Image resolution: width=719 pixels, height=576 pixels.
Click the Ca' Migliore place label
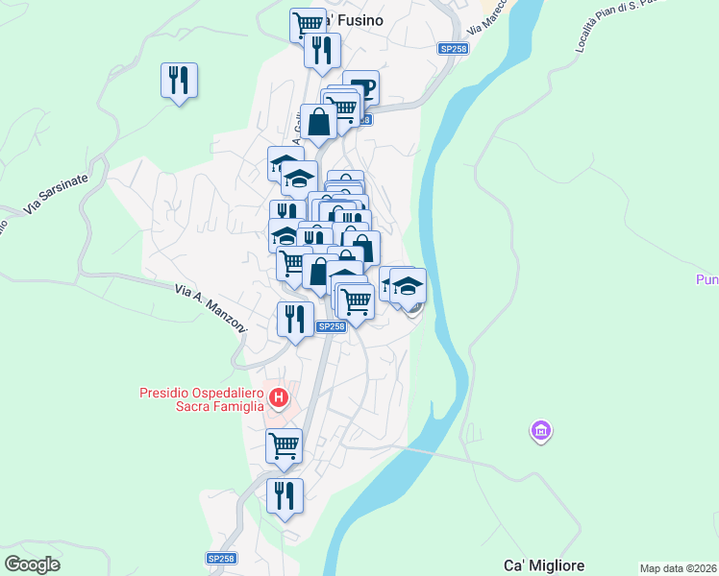(544, 565)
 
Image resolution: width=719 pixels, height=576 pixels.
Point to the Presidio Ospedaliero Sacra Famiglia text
(201, 399)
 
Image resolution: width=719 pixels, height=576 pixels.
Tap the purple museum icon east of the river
(541, 432)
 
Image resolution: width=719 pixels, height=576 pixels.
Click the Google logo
(32, 564)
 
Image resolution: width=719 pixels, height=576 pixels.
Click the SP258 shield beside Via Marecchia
(452, 48)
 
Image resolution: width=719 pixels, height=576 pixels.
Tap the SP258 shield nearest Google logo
(221, 558)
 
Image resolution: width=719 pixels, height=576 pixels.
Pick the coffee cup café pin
(361, 87)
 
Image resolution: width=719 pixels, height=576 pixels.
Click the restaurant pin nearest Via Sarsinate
(180, 80)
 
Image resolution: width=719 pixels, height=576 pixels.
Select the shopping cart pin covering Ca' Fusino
(308, 23)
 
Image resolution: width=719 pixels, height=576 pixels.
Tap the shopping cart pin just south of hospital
(285, 444)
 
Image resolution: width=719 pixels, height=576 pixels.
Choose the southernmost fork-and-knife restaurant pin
(285, 495)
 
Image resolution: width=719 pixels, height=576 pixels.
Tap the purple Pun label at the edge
(707, 280)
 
